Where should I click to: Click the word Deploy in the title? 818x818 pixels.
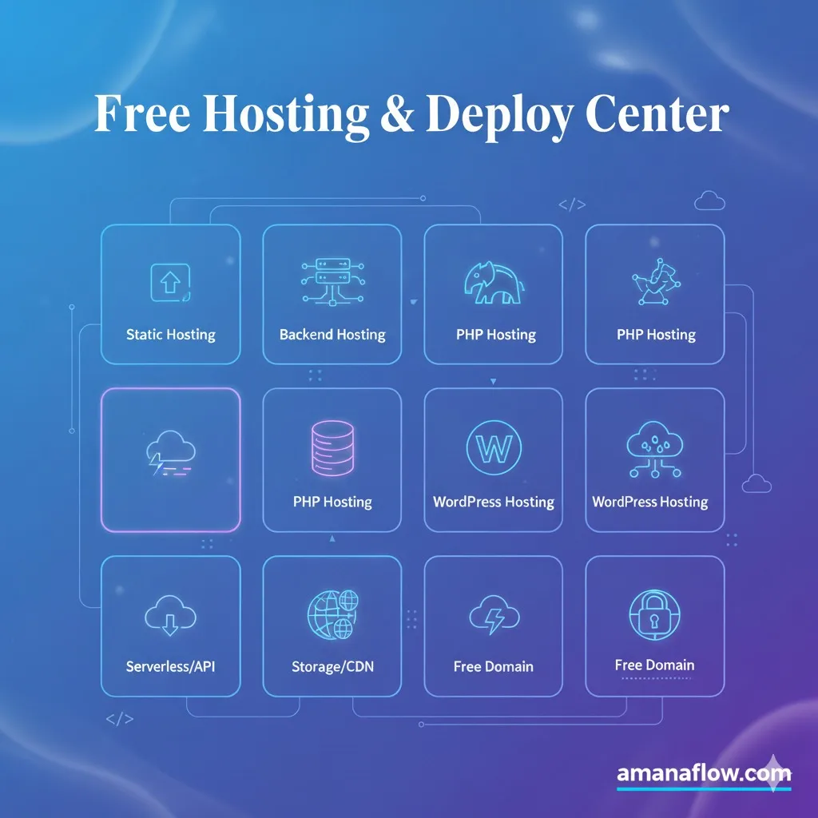499,116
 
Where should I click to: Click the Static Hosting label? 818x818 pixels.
170,335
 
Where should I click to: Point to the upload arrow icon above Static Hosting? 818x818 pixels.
170,282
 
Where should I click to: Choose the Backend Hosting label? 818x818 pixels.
332,335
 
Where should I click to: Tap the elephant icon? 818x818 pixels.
493,283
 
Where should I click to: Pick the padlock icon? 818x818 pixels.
654,613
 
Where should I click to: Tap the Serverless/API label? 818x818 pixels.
170,666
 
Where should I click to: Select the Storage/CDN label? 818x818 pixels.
332,666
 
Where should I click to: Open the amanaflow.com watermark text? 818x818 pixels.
703,773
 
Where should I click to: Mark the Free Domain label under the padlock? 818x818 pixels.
654,665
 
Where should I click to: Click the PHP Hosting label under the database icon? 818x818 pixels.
332,502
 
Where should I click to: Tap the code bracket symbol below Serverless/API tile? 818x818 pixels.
120,718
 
